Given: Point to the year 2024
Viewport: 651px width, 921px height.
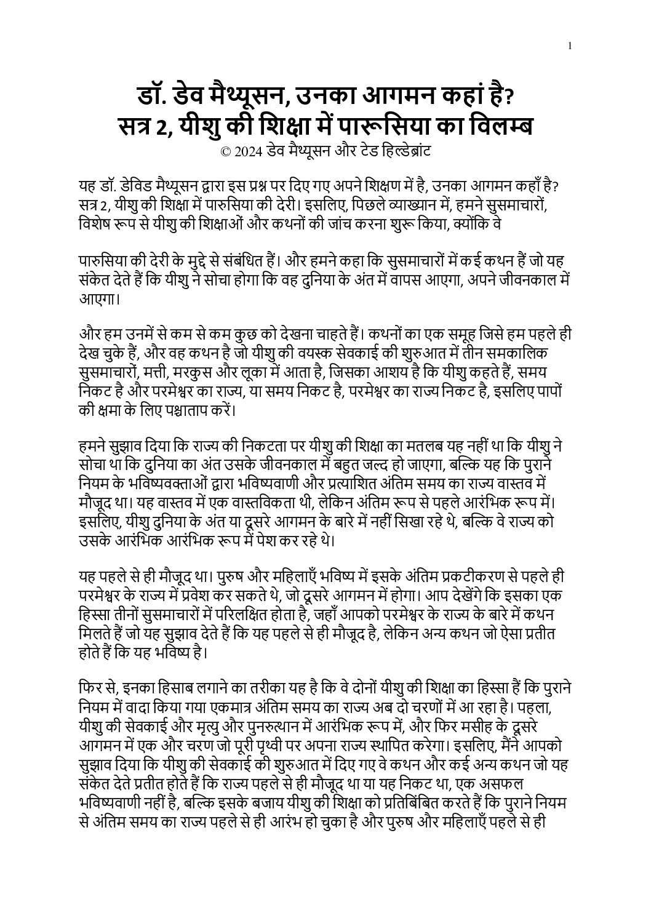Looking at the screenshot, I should (246, 151).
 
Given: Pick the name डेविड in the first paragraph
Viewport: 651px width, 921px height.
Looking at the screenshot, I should (145, 187).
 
